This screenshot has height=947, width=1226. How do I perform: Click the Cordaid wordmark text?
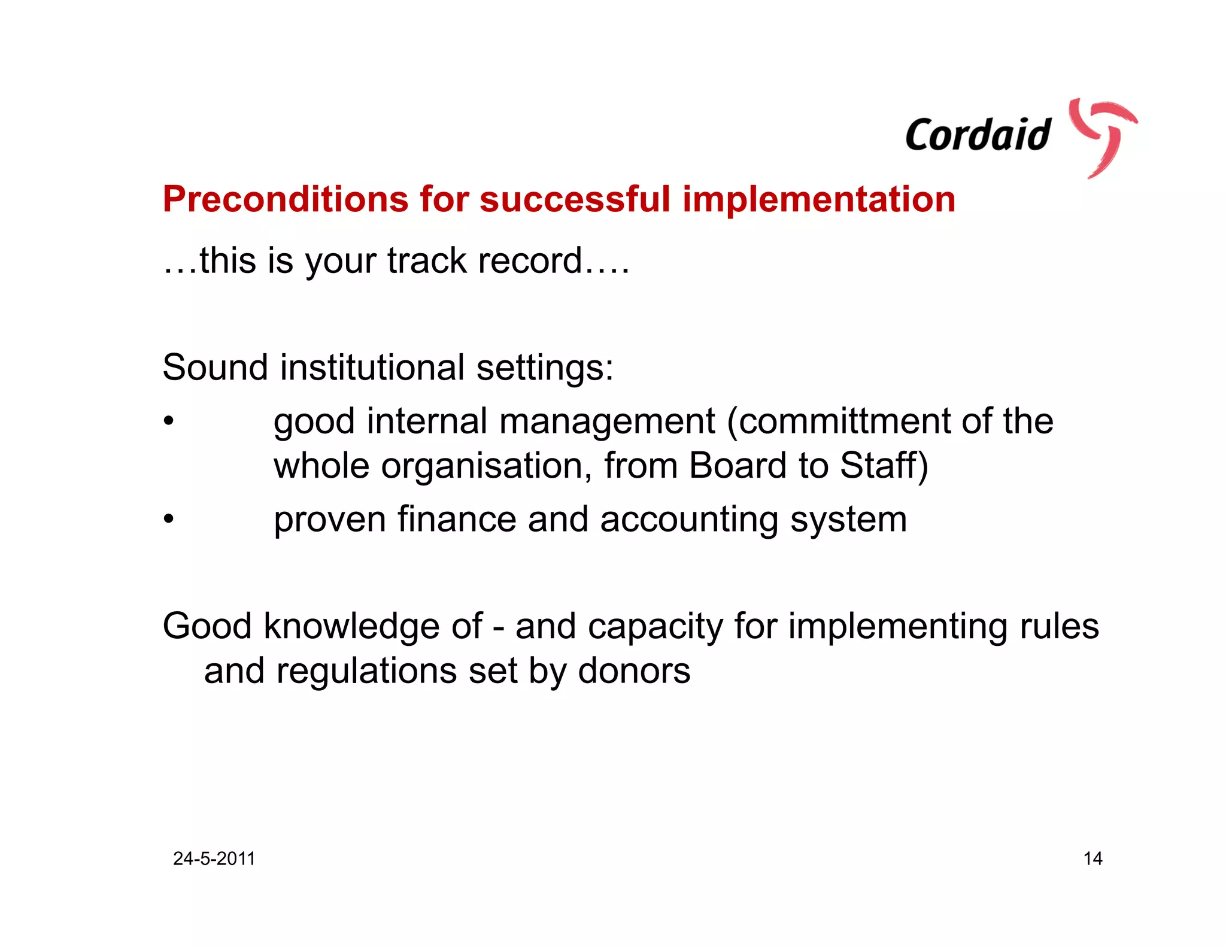[978, 135]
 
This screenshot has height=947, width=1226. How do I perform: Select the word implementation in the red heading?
[818, 199]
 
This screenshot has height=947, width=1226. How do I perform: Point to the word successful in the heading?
[575, 199]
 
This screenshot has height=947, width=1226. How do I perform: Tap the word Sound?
[215, 367]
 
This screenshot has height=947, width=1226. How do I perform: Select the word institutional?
[372, 367]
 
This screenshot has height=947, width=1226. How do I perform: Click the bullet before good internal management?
[169, 421]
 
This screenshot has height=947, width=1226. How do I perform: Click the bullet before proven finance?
[169, 519]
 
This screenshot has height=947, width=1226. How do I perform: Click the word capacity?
[655, 627]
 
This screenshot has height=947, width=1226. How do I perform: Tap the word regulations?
[366, 671]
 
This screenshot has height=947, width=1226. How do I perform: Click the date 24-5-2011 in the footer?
[214, 858]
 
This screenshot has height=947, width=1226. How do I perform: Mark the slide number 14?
[1093, 858]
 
